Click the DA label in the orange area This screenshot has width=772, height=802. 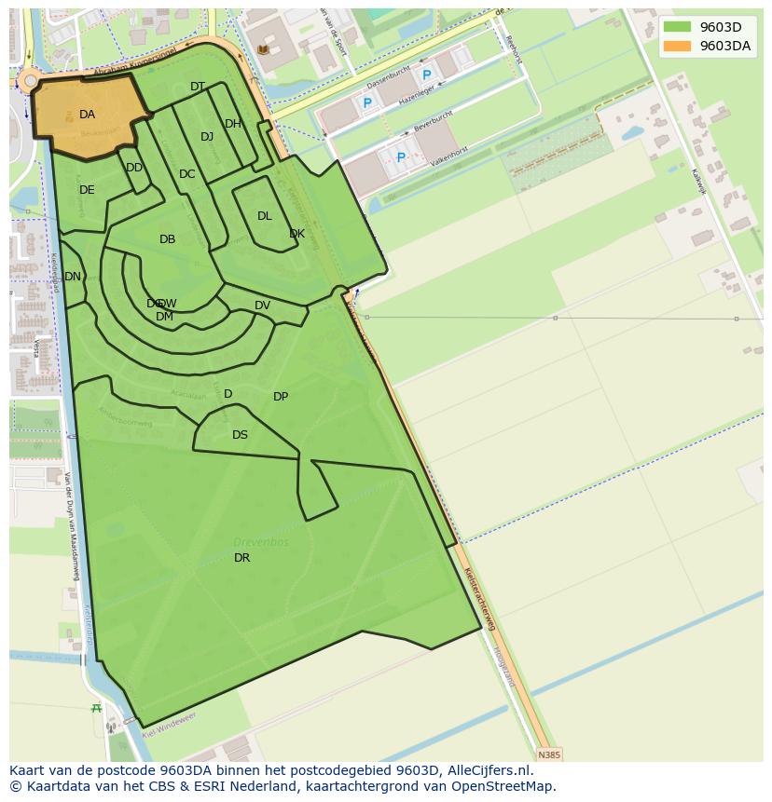87,115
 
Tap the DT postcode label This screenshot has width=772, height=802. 198,87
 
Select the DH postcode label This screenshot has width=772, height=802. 233,124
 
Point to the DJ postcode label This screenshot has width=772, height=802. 207,137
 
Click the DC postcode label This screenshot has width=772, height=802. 187,174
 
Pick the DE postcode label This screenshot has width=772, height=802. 87,190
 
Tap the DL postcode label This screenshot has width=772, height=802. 265,216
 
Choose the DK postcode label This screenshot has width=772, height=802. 296,234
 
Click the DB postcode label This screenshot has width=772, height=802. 167,239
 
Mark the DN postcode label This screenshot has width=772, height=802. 73,277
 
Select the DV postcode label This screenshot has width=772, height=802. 262,306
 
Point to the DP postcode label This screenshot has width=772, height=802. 281,397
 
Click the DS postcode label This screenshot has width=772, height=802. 240,435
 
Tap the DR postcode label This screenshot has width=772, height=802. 241,558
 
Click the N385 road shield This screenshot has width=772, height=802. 549,754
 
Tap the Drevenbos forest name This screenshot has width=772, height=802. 261,542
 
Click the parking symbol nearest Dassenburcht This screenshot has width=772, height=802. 427,75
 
